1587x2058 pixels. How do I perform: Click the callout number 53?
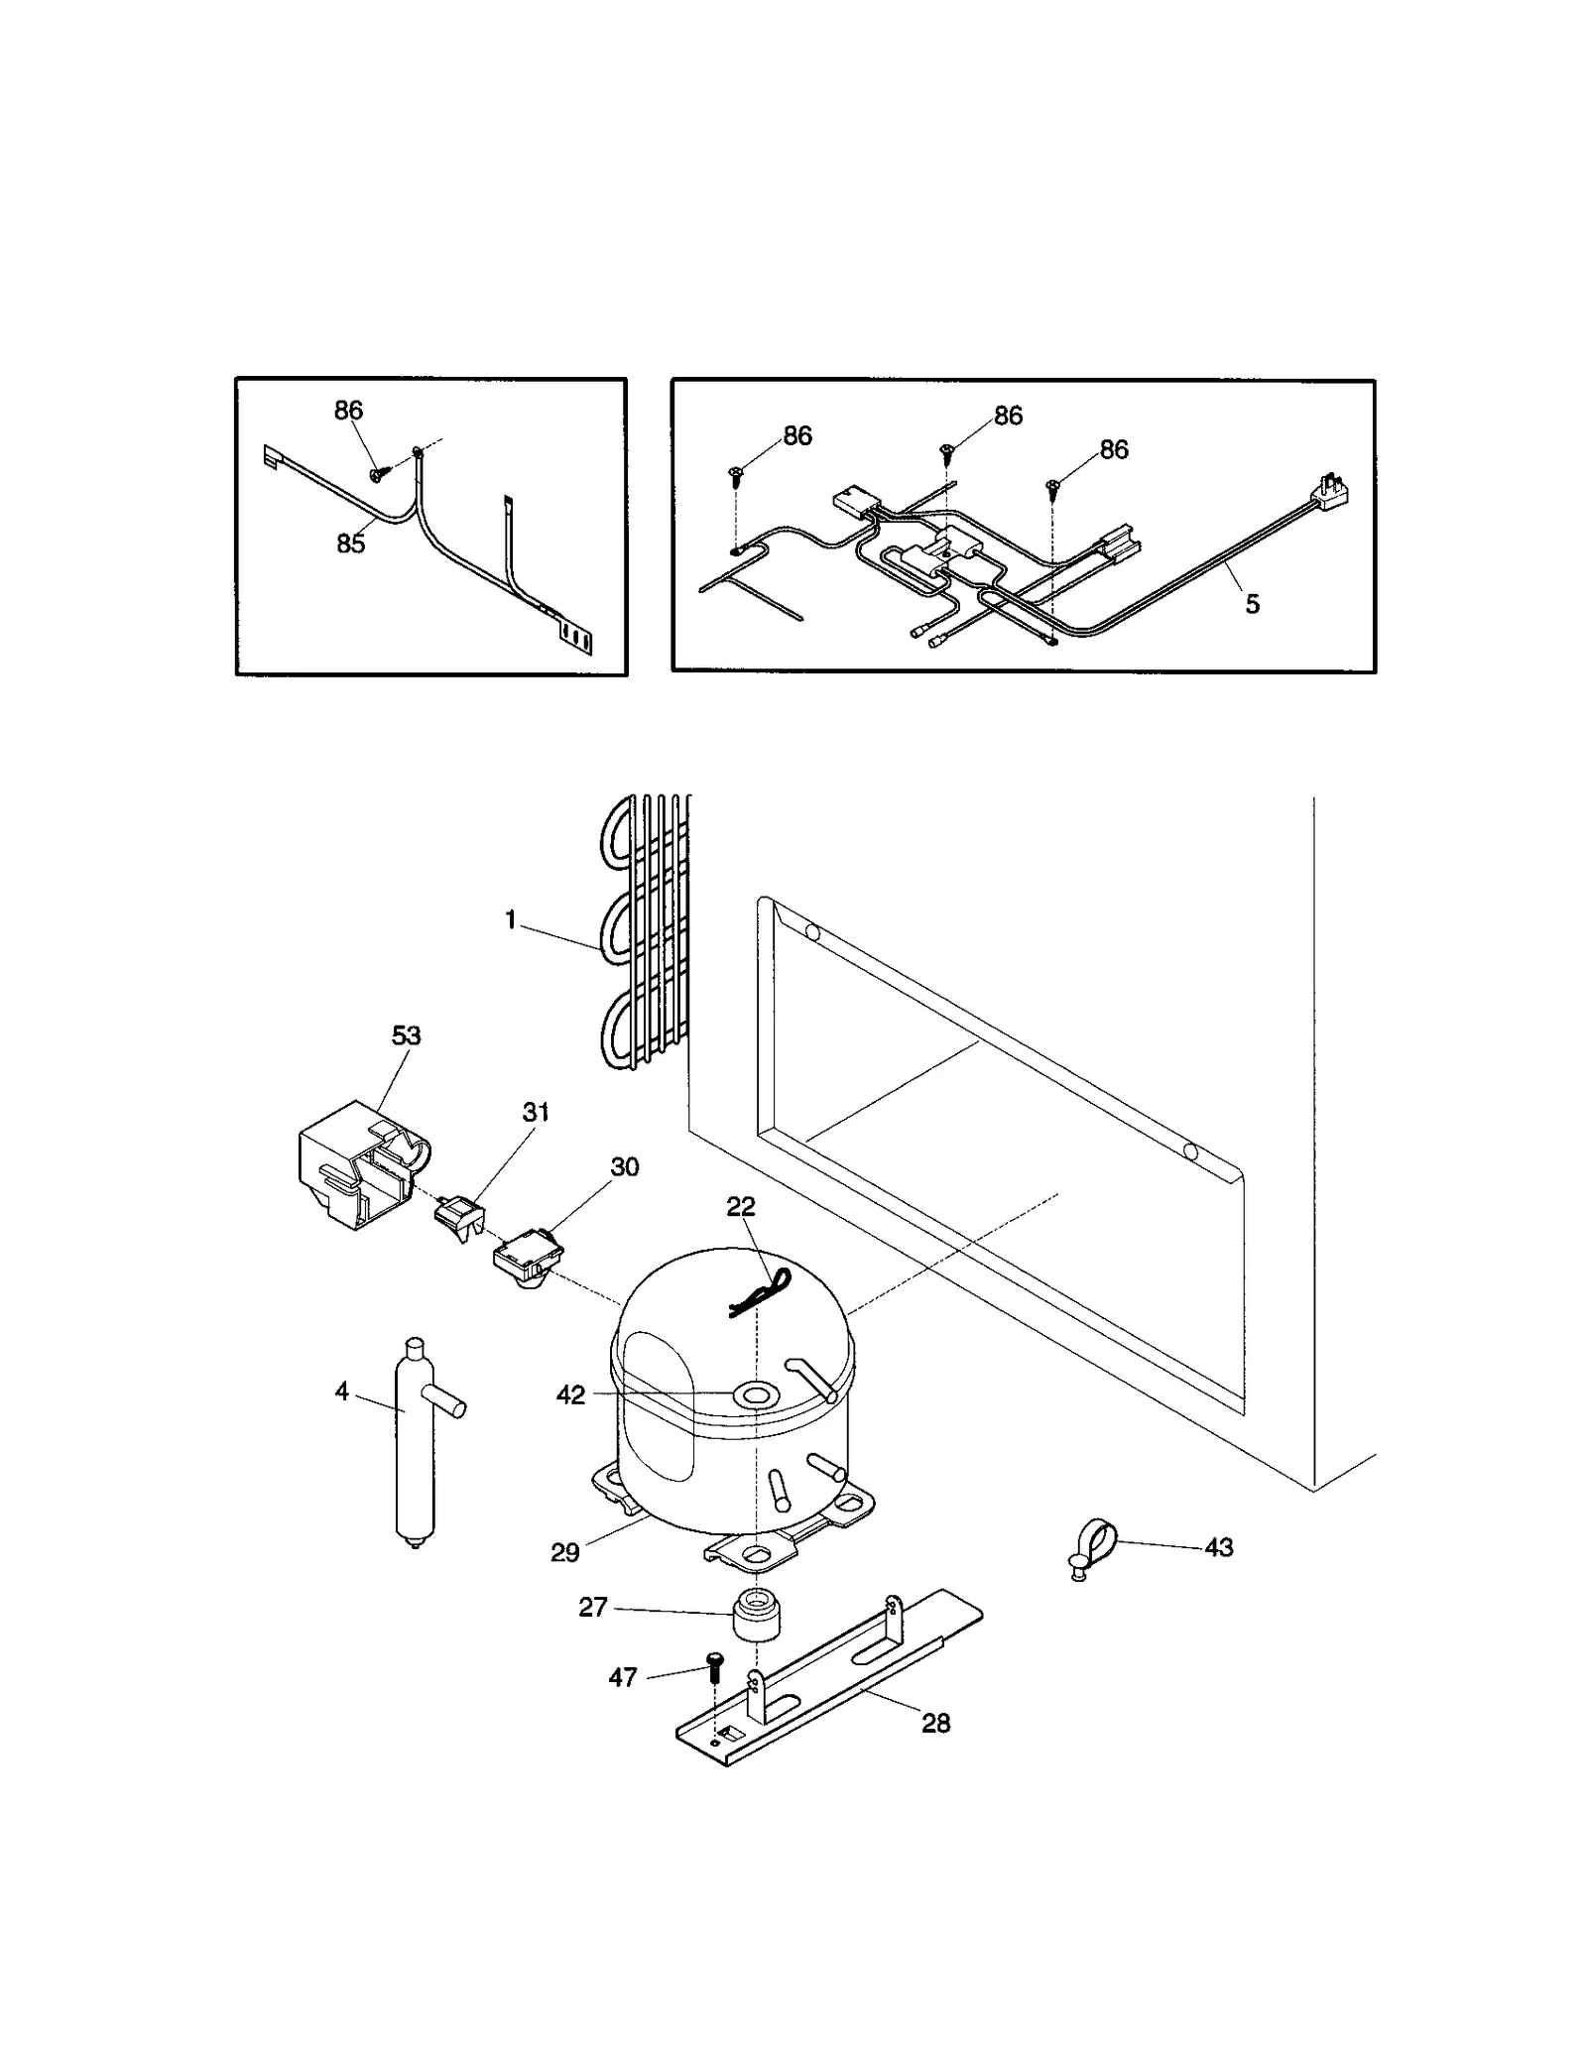406,1035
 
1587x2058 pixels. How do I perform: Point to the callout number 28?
935,1724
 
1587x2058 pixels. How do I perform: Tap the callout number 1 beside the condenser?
510,921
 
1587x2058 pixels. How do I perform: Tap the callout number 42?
570,1394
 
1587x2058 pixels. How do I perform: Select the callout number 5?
1252,604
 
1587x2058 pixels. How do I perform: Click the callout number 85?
351,544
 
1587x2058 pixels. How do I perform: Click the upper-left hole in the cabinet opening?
812,931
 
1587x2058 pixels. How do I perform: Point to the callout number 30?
624,1166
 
